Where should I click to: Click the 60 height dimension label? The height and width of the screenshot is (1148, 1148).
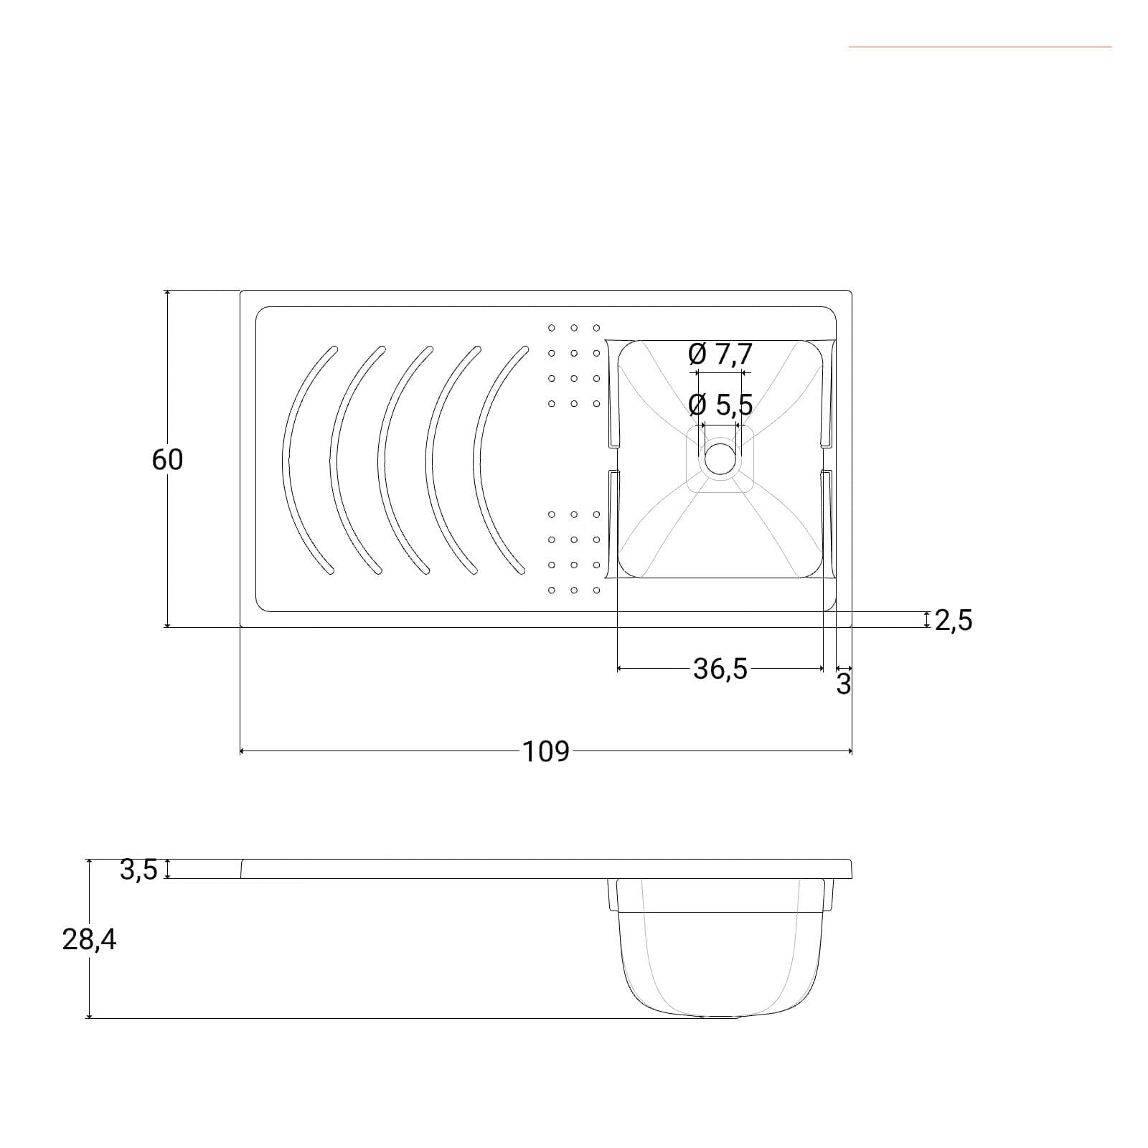(167, 459)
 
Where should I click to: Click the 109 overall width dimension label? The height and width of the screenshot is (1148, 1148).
(545, 751)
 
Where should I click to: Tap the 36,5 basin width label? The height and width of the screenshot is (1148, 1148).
(720, 669)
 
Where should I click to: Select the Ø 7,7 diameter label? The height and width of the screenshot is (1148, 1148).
(720, 354)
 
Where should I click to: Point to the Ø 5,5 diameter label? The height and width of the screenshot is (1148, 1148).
(720, 405)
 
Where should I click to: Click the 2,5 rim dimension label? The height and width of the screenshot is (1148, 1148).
(954, 620)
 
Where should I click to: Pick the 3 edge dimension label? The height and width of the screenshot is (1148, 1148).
(844, 684)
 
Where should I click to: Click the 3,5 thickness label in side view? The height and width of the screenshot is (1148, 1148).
(138, 870)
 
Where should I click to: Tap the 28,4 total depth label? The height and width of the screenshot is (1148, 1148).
(89, 939)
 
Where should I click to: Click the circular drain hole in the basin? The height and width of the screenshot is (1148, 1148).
(720, 459)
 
